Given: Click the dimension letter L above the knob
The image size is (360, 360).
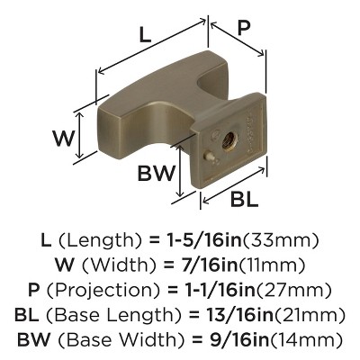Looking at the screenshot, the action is click(145, 34).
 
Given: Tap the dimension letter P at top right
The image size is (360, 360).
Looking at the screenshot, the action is click(244, 29).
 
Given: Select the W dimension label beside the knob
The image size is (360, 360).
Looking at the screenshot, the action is click(63, 139).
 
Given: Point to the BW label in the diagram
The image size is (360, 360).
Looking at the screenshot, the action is click(156, 173).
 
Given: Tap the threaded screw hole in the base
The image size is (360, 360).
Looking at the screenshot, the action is click(229, 140).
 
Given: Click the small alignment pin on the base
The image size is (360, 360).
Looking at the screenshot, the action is click(209, 156).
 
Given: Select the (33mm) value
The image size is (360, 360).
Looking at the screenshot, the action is click(280, 240).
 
